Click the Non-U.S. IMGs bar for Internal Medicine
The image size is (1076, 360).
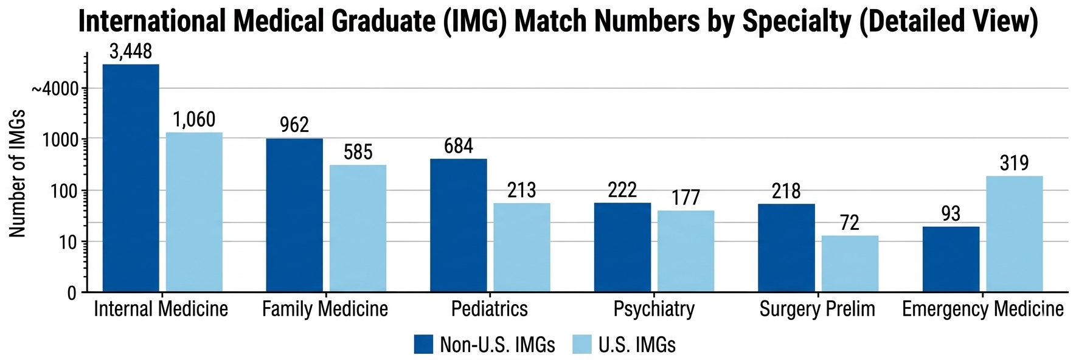click(x=131, y=178)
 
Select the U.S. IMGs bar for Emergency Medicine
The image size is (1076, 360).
click(x=1014, y=234)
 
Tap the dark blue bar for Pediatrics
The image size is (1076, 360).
click(x=458, y=225)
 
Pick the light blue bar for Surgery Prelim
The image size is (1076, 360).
click(x=850, y=263)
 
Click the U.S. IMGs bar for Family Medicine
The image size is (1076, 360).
click(x=358, y=228)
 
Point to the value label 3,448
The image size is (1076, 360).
click(x=131, y=52)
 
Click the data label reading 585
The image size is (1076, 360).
click(x=358, y=152)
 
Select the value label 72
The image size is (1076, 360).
click(x=850, y=223)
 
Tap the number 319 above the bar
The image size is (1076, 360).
click(x=1014, y=163)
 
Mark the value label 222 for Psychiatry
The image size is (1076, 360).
click(x=622, y=190)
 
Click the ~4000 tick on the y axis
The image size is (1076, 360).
click(x=55, y=89)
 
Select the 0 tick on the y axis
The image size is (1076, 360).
click(x=72, y=293)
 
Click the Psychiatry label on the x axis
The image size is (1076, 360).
click(x=654, y=309)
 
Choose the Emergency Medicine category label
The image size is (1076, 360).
click(x=982, y=309)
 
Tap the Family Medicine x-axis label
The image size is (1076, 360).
click(x=325, y=309)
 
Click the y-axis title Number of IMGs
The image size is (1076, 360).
click(x=17, y=173)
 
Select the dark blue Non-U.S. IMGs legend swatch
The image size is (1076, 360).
click(x=423, y=344)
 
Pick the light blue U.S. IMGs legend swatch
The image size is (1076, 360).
click(x=582, y=344)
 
